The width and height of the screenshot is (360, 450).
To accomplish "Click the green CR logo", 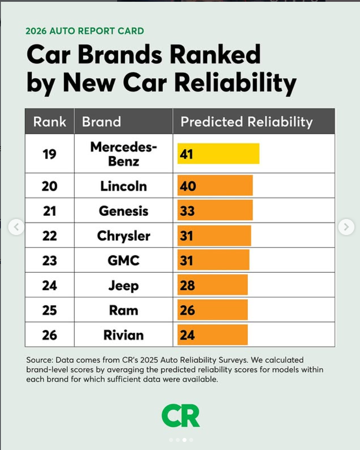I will tap(181, 416).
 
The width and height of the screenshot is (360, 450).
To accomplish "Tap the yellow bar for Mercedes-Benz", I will tap(218, 154).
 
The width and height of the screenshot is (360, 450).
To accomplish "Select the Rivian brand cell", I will tap(123, 335).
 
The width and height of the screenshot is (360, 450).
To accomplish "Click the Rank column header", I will tap(50, 122).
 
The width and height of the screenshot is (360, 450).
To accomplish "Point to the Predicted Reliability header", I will tap(246, 122).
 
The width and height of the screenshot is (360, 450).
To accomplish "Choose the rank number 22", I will tap(49, 236).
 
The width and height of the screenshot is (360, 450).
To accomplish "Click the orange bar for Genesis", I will tap(215, 210).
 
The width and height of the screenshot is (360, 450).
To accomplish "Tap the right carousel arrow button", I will tap(346, 227).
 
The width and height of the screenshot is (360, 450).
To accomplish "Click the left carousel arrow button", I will tap(16, 227).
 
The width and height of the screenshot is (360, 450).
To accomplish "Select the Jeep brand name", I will tap(123, 285).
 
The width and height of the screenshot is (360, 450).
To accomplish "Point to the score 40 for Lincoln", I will tap(188, 185).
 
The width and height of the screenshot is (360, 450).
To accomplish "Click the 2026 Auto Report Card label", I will tap(85, 31).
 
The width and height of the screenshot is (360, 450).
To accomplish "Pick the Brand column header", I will tap(102, 122).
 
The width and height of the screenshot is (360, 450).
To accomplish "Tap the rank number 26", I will tap(49, 335).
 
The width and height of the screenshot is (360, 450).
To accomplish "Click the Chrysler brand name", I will tap(123, 236).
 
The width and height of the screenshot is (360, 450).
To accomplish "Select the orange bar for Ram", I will tap(212, 310).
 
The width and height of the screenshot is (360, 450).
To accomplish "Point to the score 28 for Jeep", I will tap(187, 285).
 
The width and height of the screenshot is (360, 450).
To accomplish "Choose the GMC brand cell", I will tap(123, 260).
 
